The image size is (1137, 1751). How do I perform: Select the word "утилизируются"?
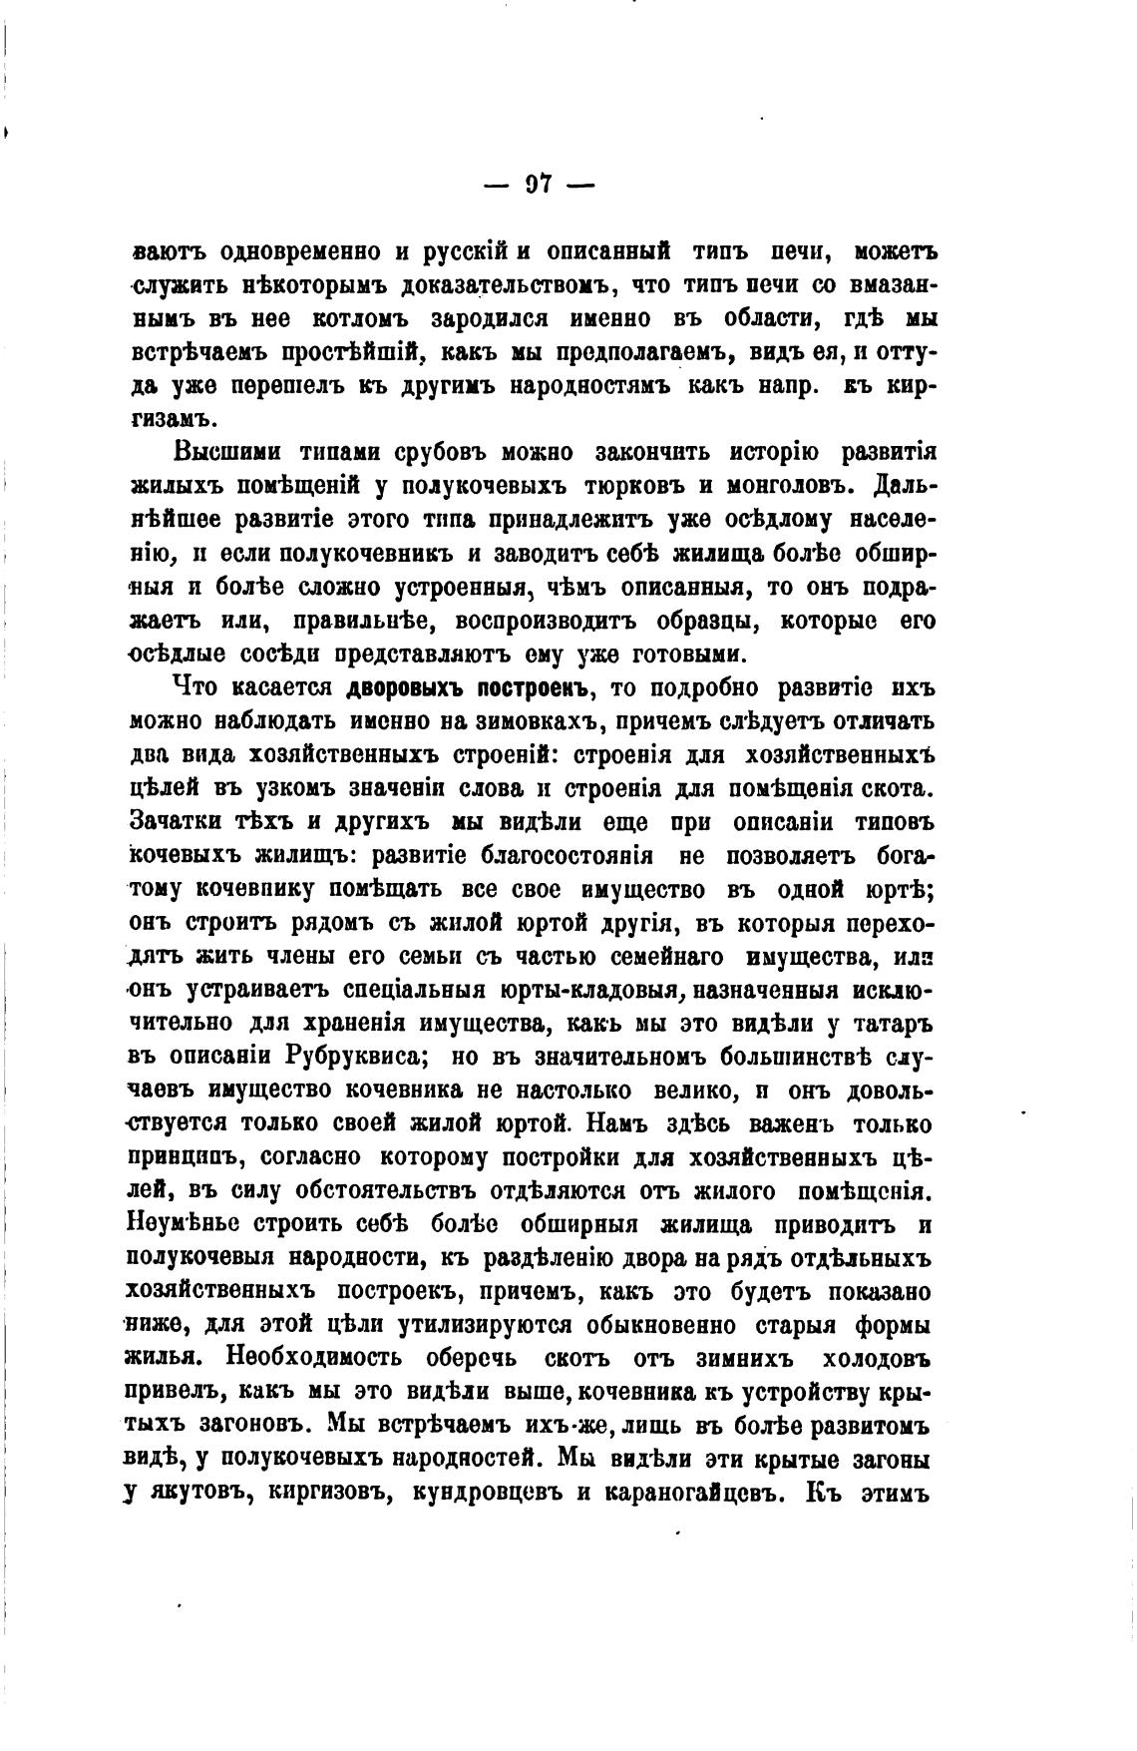click(484, 1326)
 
